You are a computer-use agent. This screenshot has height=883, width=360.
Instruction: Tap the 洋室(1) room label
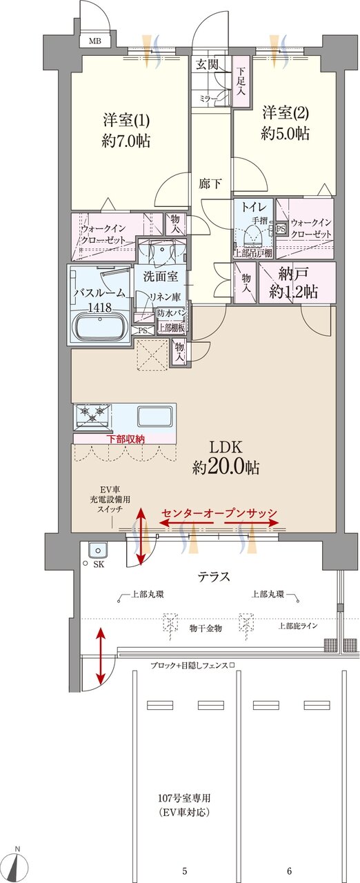click(121, 118)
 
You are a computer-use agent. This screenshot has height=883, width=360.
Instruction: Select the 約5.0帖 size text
click(285, 134)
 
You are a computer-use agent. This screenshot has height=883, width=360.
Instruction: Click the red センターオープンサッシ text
click(219, 513)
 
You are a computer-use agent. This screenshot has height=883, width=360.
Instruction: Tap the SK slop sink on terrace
click(97, 551)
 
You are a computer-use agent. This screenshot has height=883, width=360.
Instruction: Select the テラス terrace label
click(214, 577)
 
